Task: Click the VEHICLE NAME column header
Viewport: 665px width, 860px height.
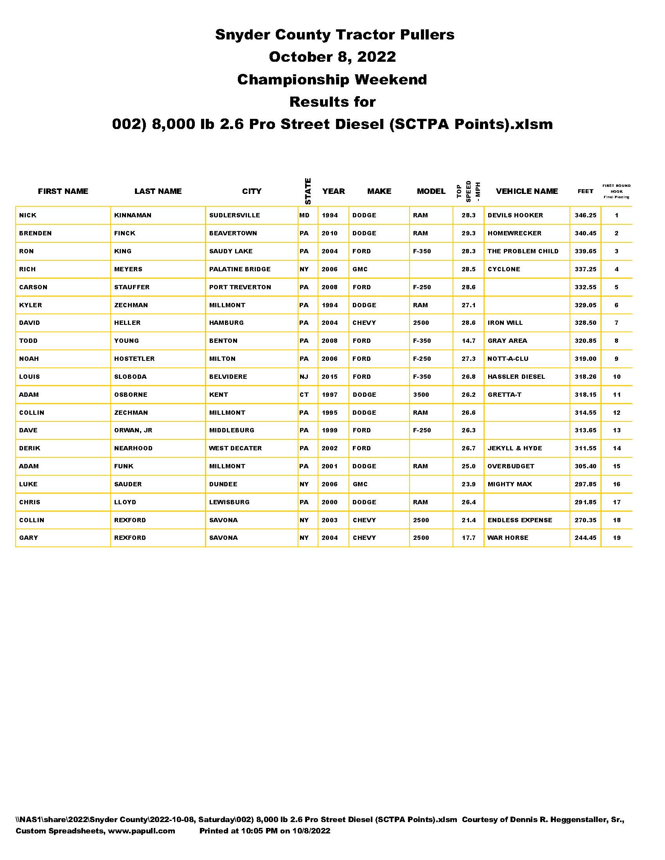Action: tap(527, 192)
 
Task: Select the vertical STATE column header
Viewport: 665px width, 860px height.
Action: tap(308, 192)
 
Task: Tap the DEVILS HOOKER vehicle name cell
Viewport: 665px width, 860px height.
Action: tap(515, 215)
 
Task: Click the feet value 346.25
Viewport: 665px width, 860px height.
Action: tap(585, 215)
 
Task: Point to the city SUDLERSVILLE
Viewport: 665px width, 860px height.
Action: tap(234, 215)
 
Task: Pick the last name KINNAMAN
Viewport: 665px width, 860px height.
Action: tap(133, 215)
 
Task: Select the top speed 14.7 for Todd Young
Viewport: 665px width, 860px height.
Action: tap(468, 341)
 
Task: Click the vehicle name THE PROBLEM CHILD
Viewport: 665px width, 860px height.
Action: tap(523, 251)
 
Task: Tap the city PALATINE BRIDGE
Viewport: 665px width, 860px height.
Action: tap(239, 269)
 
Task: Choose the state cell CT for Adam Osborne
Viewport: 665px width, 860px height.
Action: tap(304, 394)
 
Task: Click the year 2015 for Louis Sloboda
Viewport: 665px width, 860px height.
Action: tap(329, 377)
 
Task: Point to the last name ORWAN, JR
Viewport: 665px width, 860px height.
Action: tap(133, 430)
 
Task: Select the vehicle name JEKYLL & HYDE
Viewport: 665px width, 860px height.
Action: tap(514, 448)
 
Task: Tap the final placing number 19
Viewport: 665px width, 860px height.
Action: tap(616, 538)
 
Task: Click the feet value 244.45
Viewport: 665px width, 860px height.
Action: tap(585, 538)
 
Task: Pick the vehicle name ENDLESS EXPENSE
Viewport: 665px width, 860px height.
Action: tap(519, 520)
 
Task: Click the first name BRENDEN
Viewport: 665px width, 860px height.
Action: tap(36, 233)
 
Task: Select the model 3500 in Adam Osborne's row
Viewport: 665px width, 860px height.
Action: tap(421, 394)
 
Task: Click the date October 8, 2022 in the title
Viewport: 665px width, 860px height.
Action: tap(332, 57)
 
